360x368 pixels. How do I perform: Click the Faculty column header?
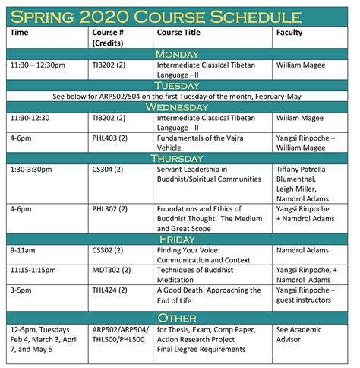click(290, 33)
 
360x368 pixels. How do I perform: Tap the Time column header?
click(21, 33)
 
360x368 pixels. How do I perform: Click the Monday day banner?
click(179, 54)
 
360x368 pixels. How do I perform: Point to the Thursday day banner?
click(179, 158)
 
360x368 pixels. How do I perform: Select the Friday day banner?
click(179, 238)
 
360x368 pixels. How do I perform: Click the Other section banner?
click(179, 318)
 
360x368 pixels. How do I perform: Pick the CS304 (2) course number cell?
click(109, 170)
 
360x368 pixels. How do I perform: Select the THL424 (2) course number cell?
click(111, 290)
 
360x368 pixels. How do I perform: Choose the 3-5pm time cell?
click(23, 290)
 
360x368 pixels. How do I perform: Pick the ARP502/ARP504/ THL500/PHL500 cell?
click(120, 335)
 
